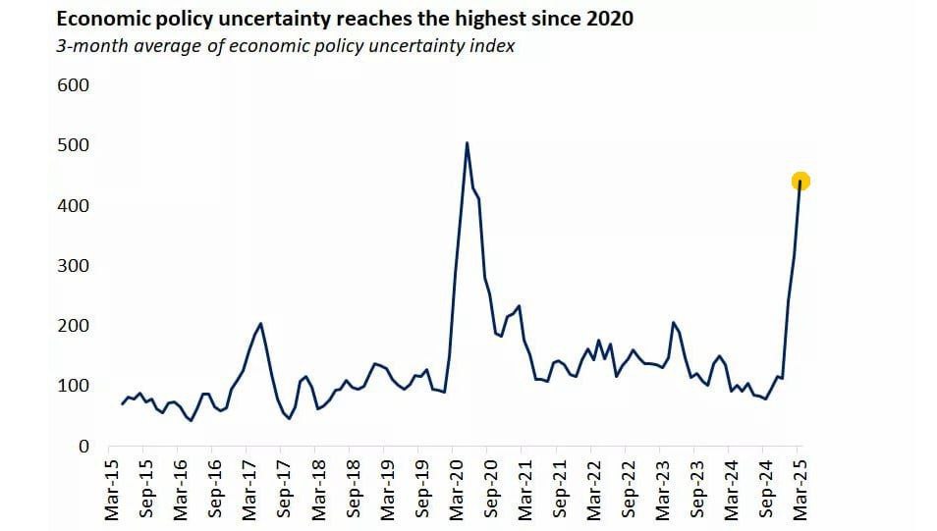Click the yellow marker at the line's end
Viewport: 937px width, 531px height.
[x=800, y=182]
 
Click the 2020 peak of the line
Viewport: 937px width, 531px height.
[x=467, y=143]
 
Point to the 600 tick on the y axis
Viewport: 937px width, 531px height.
[x=73, y=85]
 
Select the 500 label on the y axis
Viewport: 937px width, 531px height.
[x=73, y=145]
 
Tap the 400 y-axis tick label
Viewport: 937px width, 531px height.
[x=73, y=205]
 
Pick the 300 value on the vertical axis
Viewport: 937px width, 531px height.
[x=73, y=266]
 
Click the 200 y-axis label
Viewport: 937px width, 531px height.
[x=73, y=326]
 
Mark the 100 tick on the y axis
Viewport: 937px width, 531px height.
[x=73, y=386]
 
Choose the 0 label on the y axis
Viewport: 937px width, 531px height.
[x=83, y=447]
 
